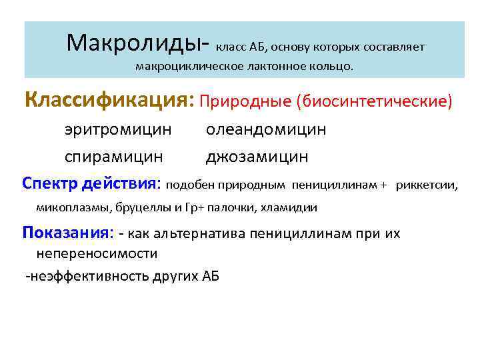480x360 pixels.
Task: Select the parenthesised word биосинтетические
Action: pyautogui.click(x=377, y=102)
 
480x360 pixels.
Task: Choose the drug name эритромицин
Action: pyautogui.click(x=118, y=129)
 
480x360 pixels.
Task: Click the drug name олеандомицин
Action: pyautogui.click(x=266, y=129)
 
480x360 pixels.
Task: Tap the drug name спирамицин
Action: pyautogui.click(x=113, y=157)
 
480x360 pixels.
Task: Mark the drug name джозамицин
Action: pyautogui.click(x=257, y=157)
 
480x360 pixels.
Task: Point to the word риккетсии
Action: pyautogui.click(x=426, y=185)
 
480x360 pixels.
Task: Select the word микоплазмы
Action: pyautogui.click(x=73, y=207)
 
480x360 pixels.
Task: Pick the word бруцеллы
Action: pyautogui.click(x=143, y=207)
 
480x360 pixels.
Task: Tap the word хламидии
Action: pyautogui.click(x=293, y=207)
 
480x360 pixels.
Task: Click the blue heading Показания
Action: pyautogui.click(x=63, y=233)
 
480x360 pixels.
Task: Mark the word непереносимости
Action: pyautogui.click(x=97, y=253)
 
